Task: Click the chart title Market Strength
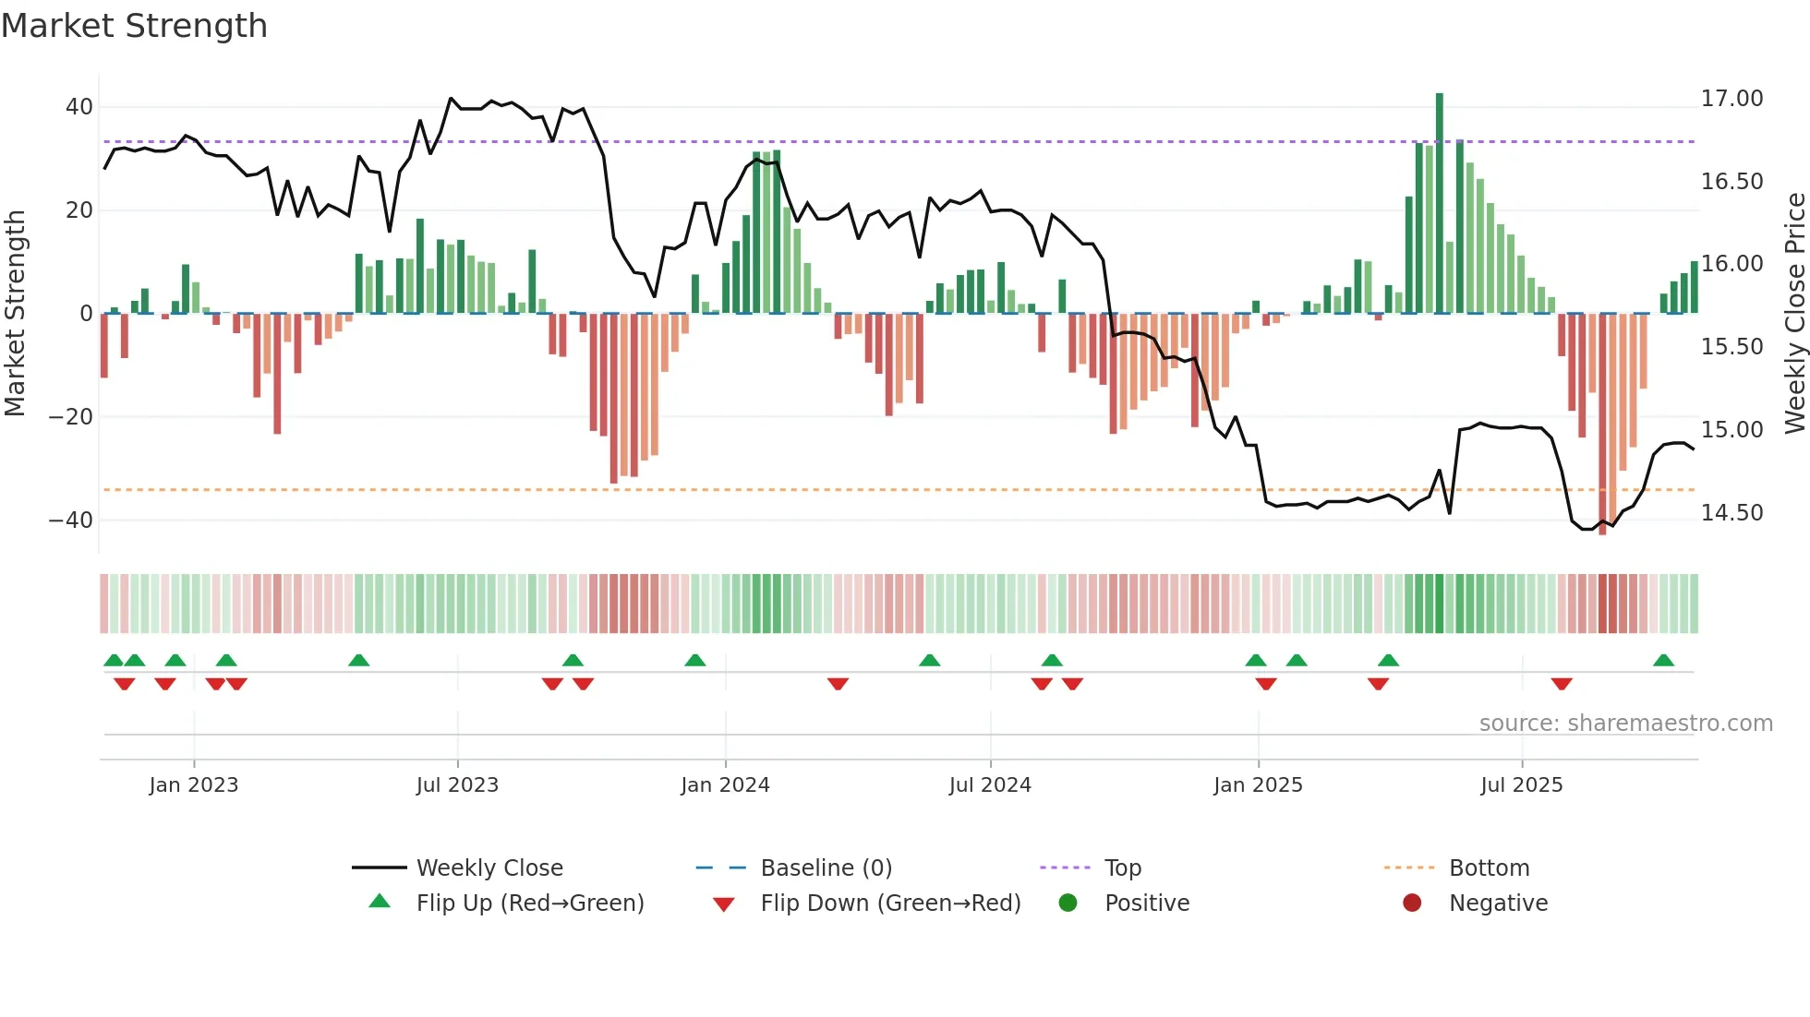coord(134,26)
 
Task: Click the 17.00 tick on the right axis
coord(1732,99)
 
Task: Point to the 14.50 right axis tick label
coord(1732,513)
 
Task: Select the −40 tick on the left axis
coord(71,520)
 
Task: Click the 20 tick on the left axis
coord(78,210)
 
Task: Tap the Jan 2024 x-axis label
coord(725,785)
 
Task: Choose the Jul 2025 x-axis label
coord(1521,785)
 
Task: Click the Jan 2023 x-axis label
coord(194,785)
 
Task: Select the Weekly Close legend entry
coord(489,868)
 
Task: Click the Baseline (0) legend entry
coord(826,868)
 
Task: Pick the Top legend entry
coord(1122,868)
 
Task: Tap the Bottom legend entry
coord(1489,868)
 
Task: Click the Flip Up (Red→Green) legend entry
coord(529,903)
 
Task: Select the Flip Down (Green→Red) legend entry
coord(890,903)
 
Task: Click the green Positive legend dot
coord(1068,903)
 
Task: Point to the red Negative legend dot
coord(1412,903)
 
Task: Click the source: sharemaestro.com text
coord(1625,724)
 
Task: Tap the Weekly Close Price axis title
coord(1794,314)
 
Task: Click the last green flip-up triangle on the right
coord(1663,661)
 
